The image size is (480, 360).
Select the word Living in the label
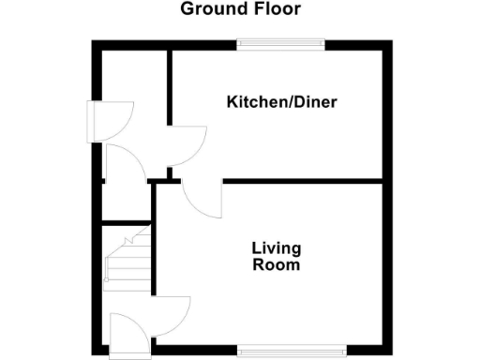276,248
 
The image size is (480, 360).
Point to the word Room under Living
276,265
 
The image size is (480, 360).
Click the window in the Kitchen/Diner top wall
280,42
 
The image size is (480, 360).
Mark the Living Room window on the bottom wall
280,352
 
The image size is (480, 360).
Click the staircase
127,255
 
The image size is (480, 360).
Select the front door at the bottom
127,333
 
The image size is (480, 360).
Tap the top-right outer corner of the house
390,42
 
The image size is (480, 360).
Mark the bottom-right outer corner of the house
390,354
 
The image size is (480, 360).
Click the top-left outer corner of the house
93,42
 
